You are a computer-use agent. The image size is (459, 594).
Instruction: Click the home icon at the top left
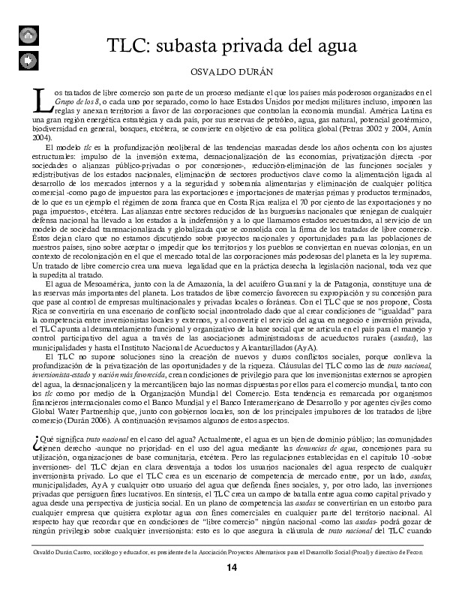point(26,34)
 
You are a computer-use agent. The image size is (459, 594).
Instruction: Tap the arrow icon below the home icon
point(26,59)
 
